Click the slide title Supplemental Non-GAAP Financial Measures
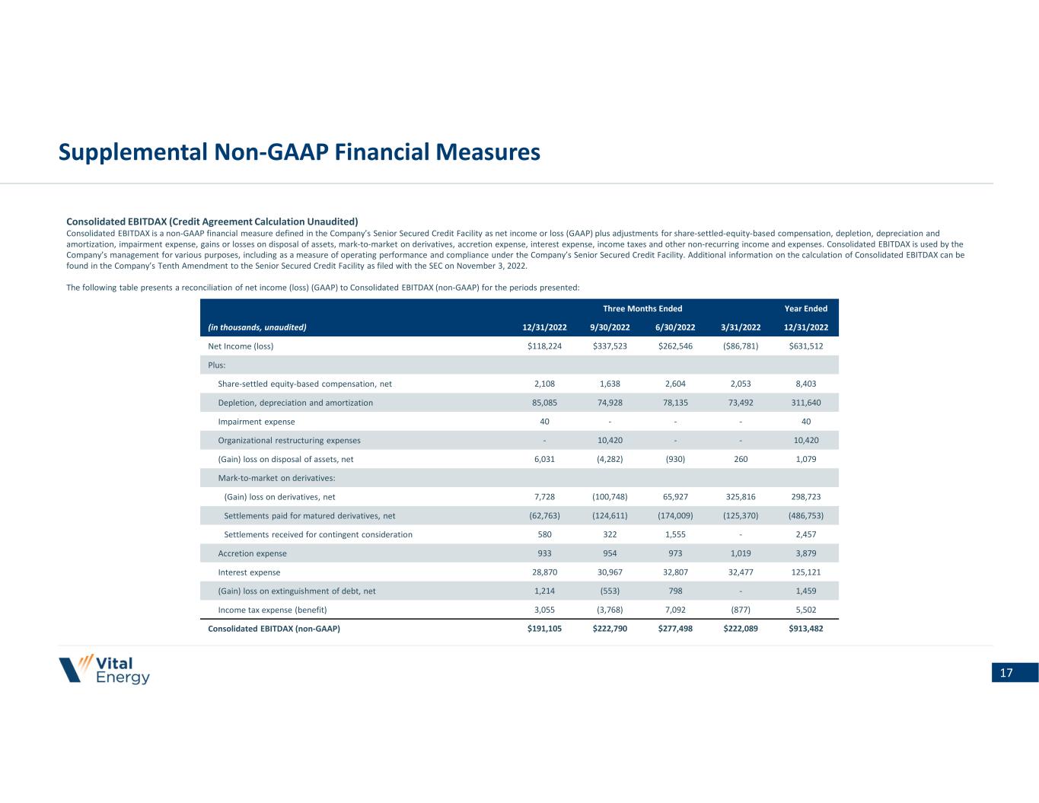(x=299, y=153)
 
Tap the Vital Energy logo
(x=104, y=670)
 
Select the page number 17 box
(x=1014, y=673)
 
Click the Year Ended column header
(x=805, y=308)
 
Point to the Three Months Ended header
(x=642, y=308)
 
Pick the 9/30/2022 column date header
(x=610, y=327)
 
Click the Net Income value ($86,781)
(x=740, y=346)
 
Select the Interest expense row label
(x=249, y=572)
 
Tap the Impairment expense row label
(x=257, y=422)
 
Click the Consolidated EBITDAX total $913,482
(x=805, y=629)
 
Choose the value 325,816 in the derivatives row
(x=740, y=497)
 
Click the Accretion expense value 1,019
(x=740, y=553)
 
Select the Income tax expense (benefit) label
(x=272, y=610)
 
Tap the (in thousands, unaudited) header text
(x=257, y=327)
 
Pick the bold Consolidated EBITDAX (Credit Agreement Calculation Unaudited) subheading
(x=212, y=221)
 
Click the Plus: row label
(x=217, y=365)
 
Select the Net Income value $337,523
(x=610, y=346)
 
